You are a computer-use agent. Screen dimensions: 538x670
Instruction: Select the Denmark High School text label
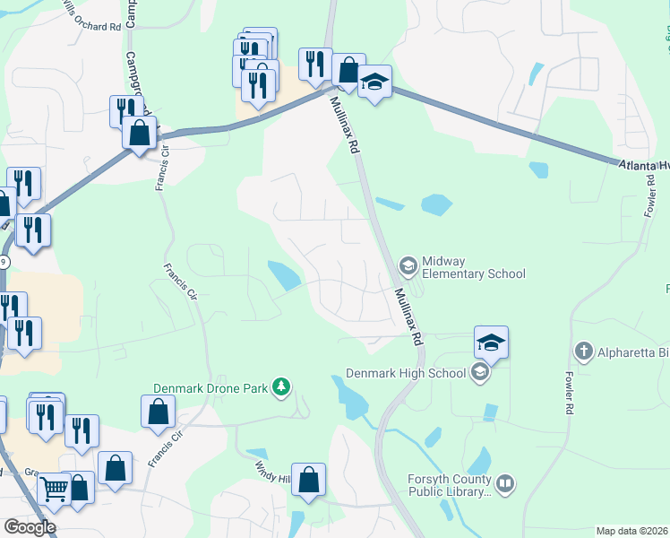click(x=407, y=373)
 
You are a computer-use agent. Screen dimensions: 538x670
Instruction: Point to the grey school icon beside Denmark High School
click(x=479, y=373)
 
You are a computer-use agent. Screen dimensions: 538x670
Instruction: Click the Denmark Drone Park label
click(x=210, y=387)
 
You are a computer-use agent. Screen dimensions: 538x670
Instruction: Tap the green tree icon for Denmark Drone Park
click(x=283, y=386)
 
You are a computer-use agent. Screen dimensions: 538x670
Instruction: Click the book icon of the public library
click(x=506, y=484)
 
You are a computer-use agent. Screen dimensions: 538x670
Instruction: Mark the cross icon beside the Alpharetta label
click(x=583, y=351)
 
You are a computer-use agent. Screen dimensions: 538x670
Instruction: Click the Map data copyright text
click(x=631, y=531)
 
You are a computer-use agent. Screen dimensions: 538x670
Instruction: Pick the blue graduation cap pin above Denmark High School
click(x=491, y=342)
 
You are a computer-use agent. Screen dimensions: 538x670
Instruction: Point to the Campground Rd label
click(x=135, y=76)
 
